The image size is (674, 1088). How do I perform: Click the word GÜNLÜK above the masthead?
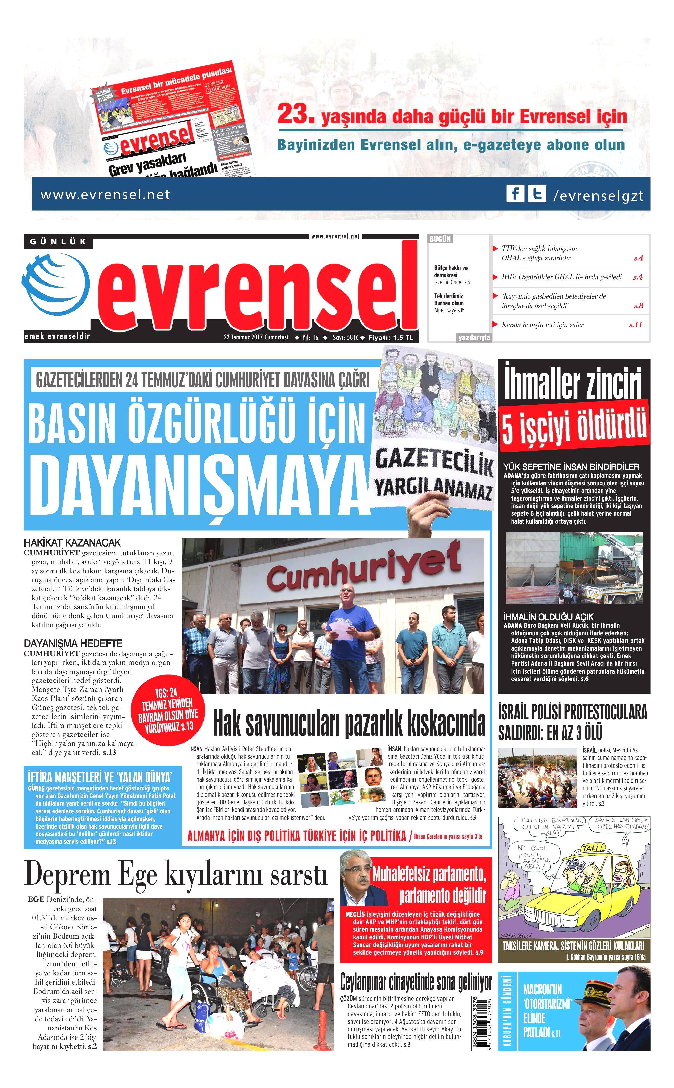pyautogui.click(x=58, y=242)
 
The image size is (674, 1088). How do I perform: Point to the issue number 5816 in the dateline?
pyautogui.click(x=352, y=338)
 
